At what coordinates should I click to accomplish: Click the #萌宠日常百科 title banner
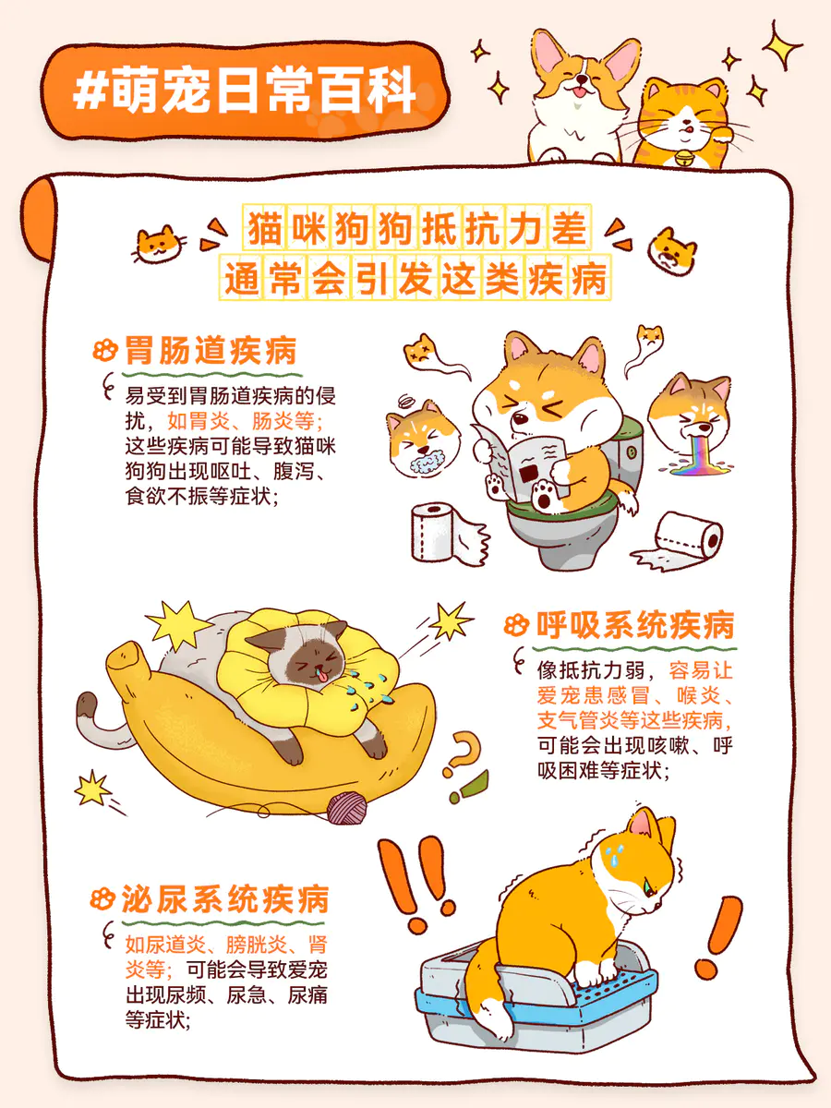pyautogui.click(x=245, y=90)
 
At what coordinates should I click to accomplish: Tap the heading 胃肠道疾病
pyautogui.click(x=211, y=350)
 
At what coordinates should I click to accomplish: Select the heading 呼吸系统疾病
pyautogui.click(x=634, y=625)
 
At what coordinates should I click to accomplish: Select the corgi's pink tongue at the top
pyautogui.click(x=580, y=92)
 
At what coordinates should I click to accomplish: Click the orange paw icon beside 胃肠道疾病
pyautogui.click(x=105, y=350)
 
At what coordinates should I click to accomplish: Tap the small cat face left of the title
pyautogui.click(x=159, y=245)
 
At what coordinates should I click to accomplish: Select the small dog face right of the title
pyautogui.click(x=672, y=251)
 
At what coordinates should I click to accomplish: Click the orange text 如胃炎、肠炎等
pyautogui.click(x=245, y=420)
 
